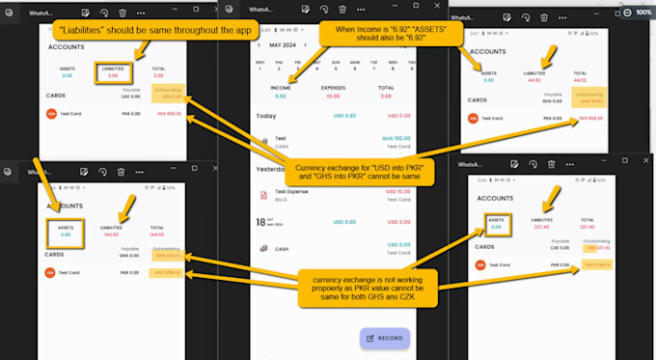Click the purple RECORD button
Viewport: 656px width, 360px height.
pos(384,338)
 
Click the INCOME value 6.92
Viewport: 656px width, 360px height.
pos(281,96)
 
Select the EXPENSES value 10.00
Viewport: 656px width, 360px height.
pos(332,96)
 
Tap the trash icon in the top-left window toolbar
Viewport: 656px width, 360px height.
pos(121,14)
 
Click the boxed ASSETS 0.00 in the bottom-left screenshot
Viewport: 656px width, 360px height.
pos(65,230)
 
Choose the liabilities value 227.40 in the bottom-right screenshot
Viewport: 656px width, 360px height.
pos(542,228)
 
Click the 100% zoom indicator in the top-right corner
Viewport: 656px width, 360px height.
pos(641,12)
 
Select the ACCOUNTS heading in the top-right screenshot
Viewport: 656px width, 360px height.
pos(493,50)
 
